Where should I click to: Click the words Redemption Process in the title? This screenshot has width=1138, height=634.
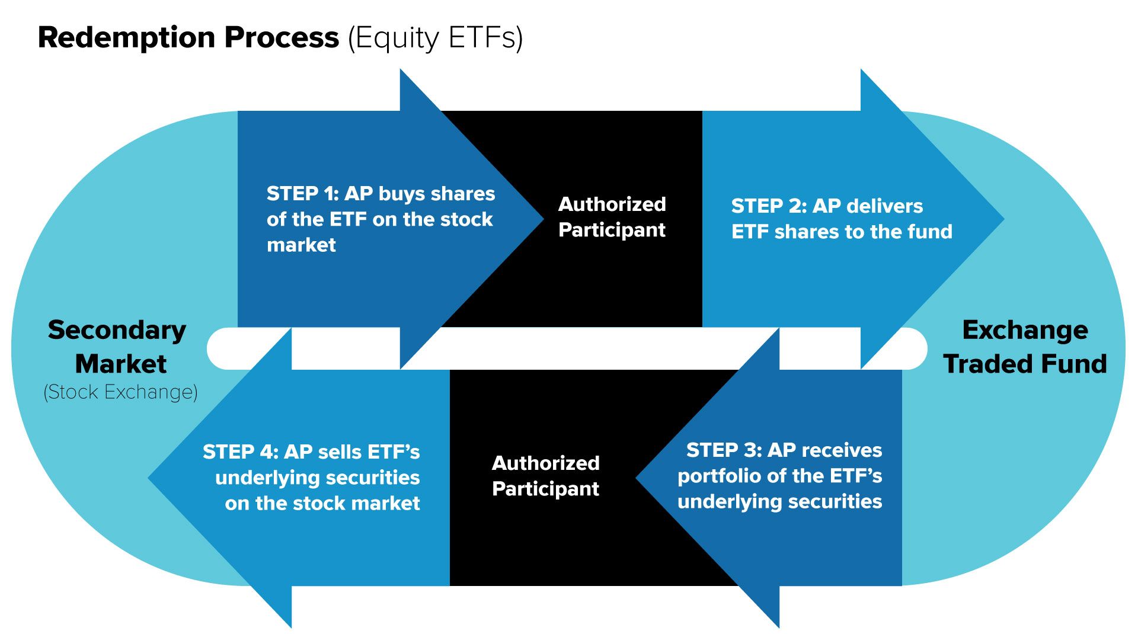tap(188, 38)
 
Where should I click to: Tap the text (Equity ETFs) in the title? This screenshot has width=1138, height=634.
tap(435, 38)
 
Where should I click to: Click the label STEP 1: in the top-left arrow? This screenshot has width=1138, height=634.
tap(301, 194)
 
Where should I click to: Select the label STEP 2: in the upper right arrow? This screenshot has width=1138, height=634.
tap(768, 206)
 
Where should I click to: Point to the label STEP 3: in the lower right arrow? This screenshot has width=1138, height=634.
tap(724, 450)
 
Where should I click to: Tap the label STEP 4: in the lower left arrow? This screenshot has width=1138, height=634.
tap(240, 452)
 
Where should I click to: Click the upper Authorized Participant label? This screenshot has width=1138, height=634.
tap(612, 217)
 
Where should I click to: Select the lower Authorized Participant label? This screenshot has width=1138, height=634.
tap(545, 476)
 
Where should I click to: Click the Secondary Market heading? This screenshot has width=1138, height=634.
tap(117, 347)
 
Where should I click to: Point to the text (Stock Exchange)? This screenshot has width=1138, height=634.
tap(120, 392)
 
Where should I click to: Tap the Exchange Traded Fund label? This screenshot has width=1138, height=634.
tap(1025, 347)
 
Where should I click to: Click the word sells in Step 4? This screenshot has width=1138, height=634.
tap(340, 452)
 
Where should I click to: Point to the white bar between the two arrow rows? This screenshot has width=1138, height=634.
tap(593, 348)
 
